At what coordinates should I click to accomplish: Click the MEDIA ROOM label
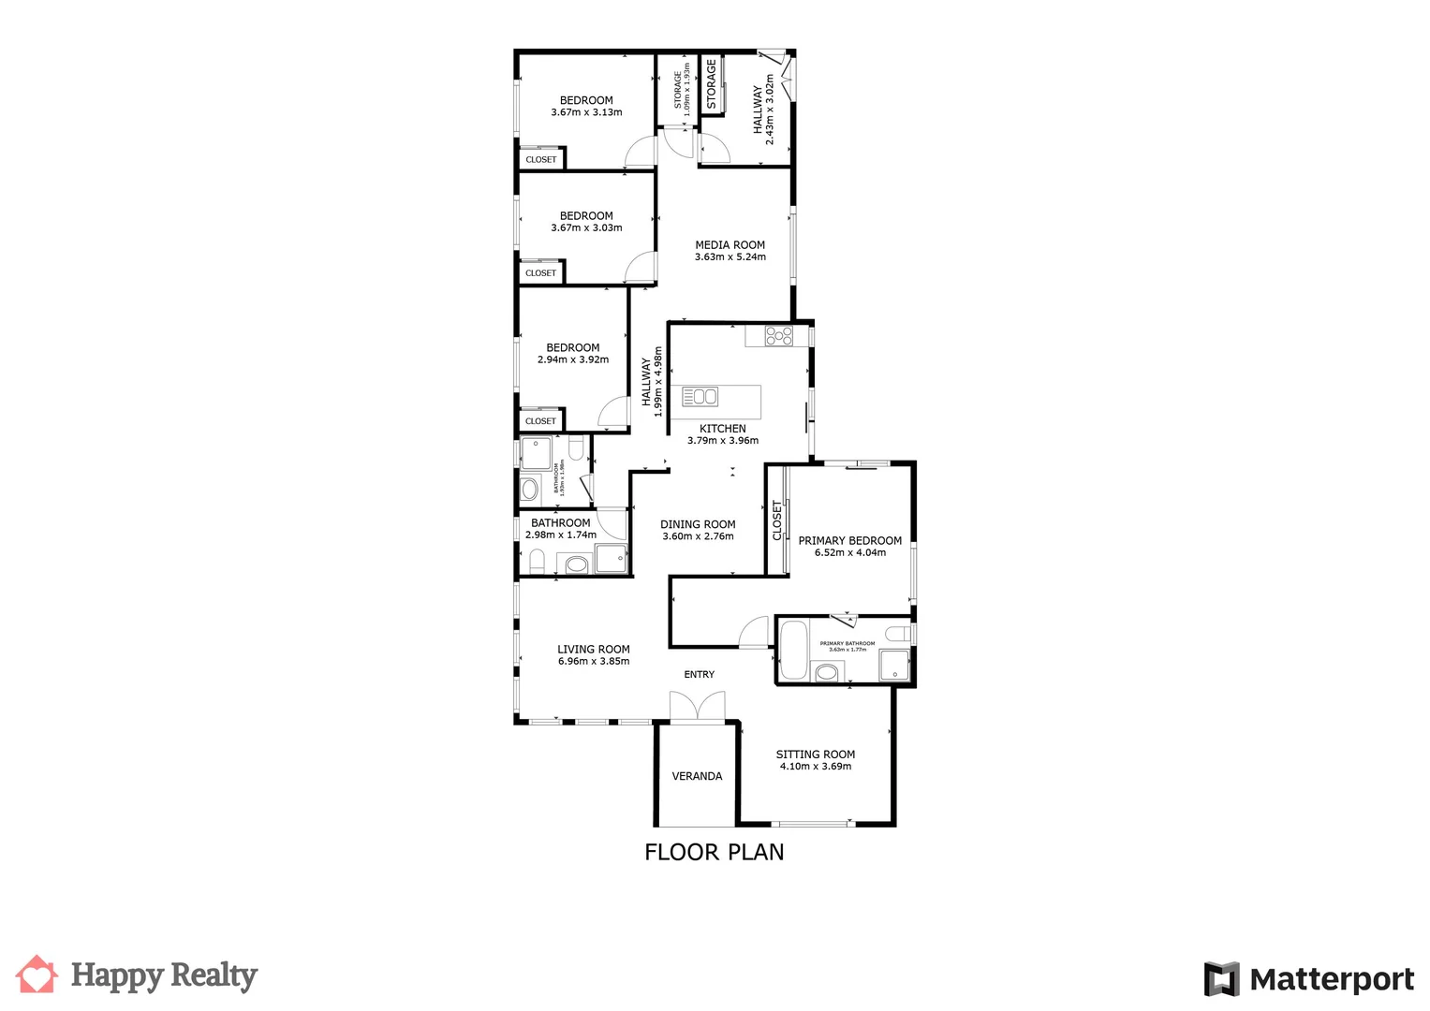(x=730, y=245)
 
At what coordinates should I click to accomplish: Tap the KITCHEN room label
(x=722, y=429)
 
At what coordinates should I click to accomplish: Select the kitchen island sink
(x=700, y=397)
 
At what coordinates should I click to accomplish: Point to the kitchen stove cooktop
(x=779, y=335)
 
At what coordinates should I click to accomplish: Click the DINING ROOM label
(x=698, y=525)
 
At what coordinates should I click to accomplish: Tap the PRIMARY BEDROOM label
(x=849, y=541)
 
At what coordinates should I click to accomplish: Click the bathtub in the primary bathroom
(x=793, y=650)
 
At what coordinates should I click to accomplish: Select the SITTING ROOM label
(x=815, y=755)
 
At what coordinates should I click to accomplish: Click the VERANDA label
(x=697, y=776)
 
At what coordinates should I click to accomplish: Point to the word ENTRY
(x=699, y=675)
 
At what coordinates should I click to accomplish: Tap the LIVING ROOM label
(x=593, y=650)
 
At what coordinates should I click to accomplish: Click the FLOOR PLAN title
(x=714, y=852)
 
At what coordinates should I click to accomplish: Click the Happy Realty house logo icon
(x=37, y=974)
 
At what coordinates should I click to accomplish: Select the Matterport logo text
(x=1332, y=980)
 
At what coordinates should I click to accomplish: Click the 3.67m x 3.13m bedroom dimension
(x=586, y=112)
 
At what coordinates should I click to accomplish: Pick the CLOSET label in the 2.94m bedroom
(x=540, y=421)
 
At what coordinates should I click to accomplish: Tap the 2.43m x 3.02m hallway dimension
(x=770, y=110)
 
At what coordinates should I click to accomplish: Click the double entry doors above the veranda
(x=698, y=707)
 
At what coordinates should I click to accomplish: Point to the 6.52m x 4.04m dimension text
(x=849, y=553)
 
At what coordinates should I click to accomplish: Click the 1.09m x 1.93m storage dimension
(x=686, y=90)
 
